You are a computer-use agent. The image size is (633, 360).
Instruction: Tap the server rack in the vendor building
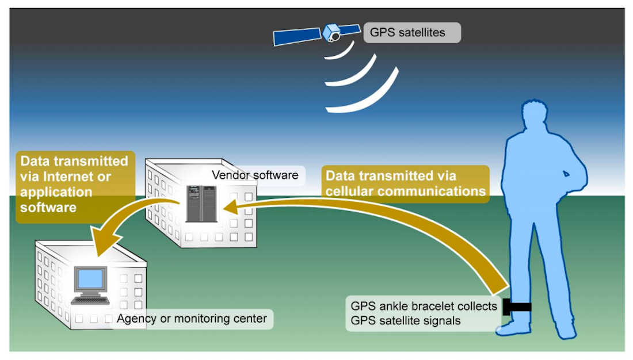point(201,204)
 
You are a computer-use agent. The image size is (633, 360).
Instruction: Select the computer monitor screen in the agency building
point(91,279)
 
